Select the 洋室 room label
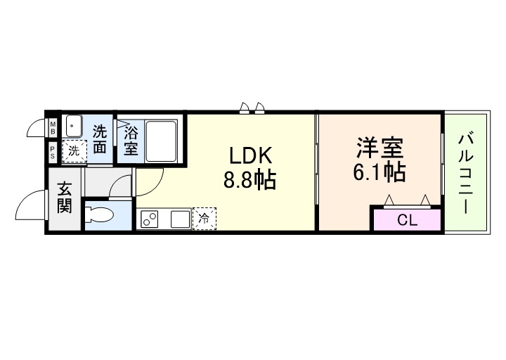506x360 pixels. [379, 149]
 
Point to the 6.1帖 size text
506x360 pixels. [379, 172]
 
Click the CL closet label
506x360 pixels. [407, 220]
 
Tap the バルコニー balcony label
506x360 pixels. [465, 172]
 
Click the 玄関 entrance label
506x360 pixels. [65, 198]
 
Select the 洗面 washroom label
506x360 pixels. [101, 139]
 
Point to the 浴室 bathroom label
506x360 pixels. [131, 140]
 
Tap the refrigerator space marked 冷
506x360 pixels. [205, 219]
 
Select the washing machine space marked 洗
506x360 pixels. [74, 150]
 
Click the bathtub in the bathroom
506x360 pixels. [161, 140]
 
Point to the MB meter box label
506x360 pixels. [53, 128]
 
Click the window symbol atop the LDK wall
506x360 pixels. [252, 108]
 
